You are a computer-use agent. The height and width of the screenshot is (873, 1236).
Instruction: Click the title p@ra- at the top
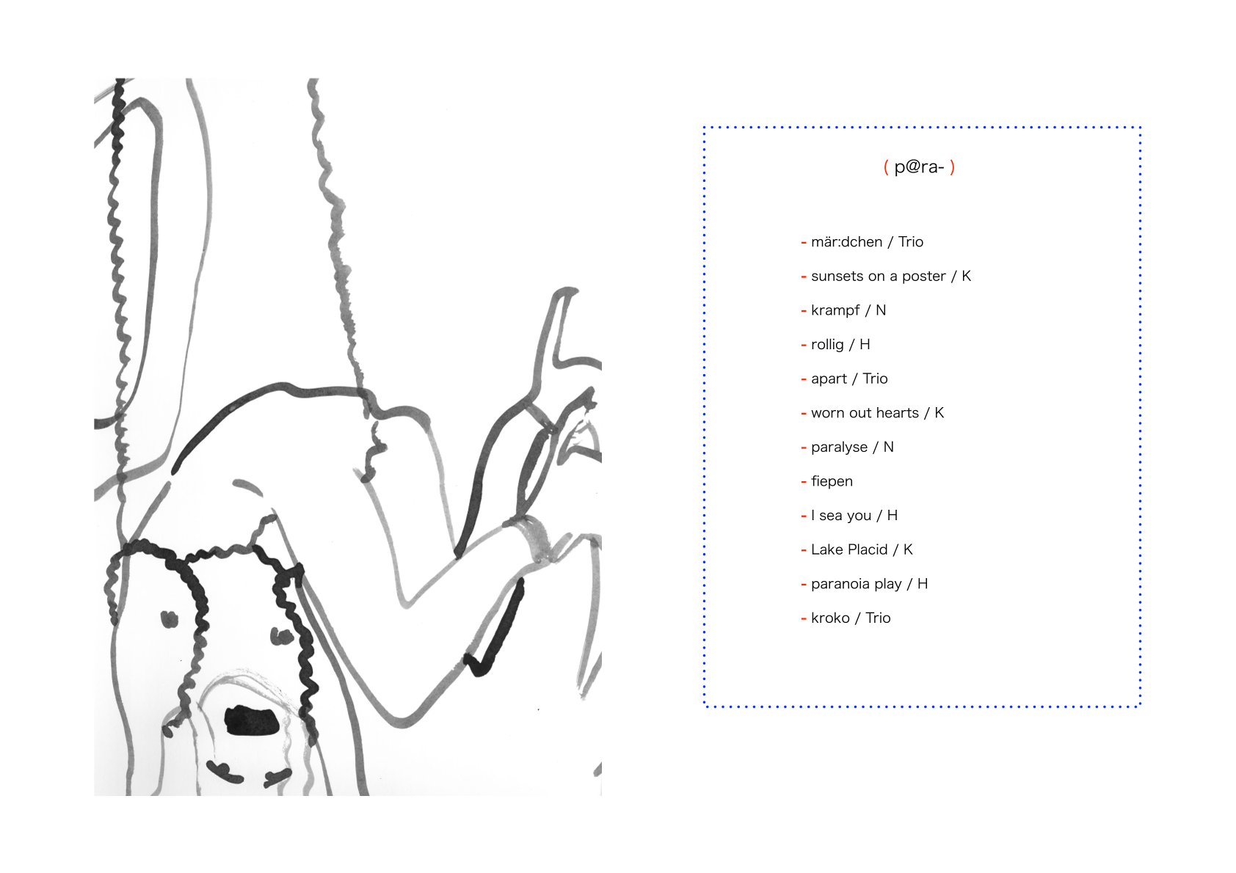919,167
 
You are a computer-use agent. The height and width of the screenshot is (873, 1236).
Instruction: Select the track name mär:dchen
846,242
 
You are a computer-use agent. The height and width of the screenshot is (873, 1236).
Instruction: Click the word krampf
835,311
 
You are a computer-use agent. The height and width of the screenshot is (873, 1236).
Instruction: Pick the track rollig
827,345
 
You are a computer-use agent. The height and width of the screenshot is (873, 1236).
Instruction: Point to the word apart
829,379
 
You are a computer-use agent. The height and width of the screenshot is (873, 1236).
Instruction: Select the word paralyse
839,448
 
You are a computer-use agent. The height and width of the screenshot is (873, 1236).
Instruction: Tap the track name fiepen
832,482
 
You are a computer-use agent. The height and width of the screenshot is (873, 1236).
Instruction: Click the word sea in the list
832,516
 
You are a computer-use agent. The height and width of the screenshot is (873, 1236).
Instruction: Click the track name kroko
830,618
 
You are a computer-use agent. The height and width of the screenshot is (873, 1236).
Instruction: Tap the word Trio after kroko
878,618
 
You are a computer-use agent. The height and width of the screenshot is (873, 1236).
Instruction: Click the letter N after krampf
881,310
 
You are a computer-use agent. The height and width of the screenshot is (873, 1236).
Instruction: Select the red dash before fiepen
804,482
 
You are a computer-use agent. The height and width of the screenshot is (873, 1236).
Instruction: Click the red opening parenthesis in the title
886,167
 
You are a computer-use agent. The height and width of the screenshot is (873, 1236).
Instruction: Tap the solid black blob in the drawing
251,721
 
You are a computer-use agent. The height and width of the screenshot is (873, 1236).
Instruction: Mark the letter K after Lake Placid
908,549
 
